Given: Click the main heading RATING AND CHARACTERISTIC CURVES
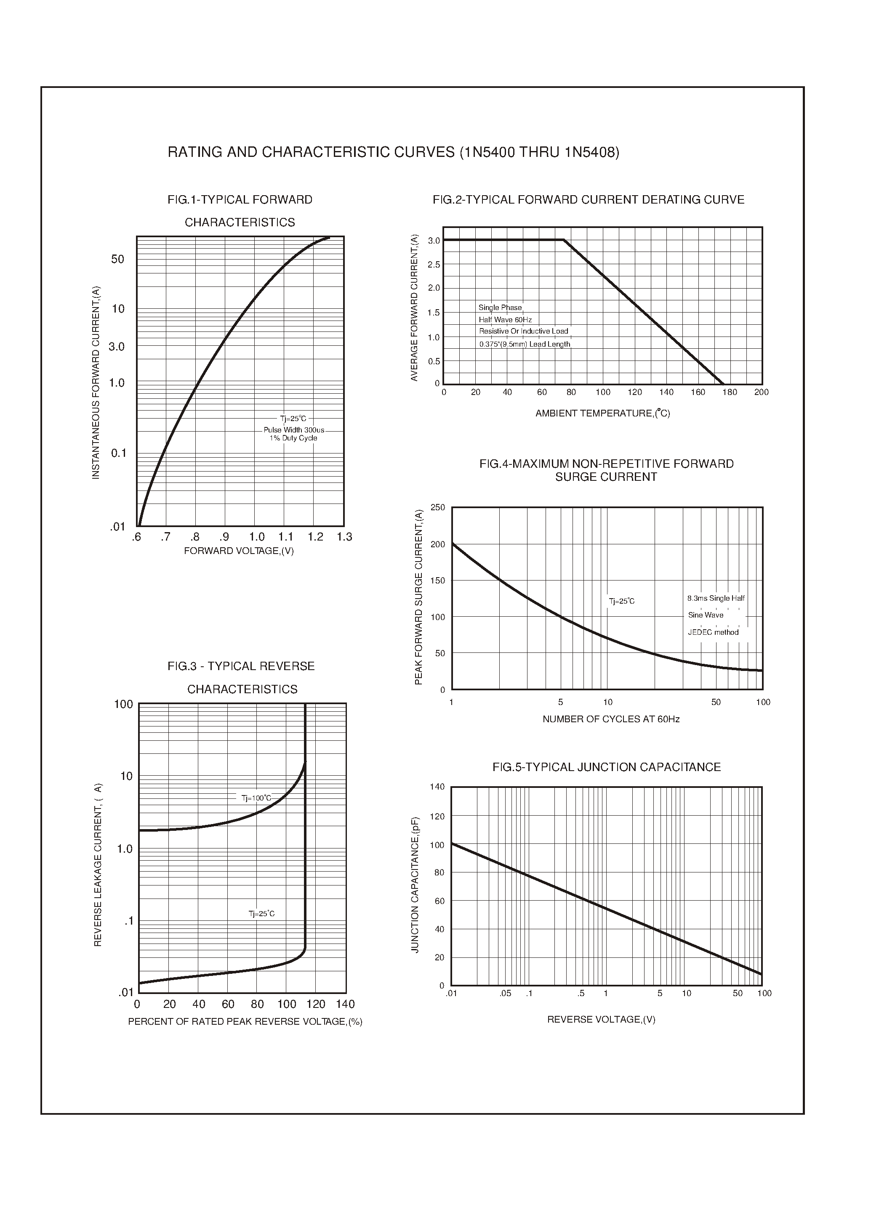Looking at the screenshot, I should pyautogui.click(x=393, y=152).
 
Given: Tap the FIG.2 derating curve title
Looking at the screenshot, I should pyautogui.click(x=589, y=200).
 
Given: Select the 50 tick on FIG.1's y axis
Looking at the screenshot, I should pyautogui.click(x=117, y=260).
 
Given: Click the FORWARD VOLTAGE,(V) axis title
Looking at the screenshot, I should pyautogui.click(x=239, y=551).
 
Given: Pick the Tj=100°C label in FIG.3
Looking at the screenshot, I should pyautogui.click(x=256, y=798).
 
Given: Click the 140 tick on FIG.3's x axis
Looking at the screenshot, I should pyautogui.click(x=345, y=1004).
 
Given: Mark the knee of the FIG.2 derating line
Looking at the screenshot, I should pyautogui.click(x=564, y=240).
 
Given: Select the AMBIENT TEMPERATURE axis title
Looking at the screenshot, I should pyautogui.click(x=602, y=413).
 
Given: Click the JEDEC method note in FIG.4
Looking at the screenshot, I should pyautogui.click(x=713, y=632).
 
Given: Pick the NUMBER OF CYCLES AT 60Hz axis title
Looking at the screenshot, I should pyautogui.click(x=611, y=719).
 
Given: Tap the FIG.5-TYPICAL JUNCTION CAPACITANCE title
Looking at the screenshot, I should pyautogui.click(x=606, y=767).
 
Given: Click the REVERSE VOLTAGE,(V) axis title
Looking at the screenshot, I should pyautogui.click(x=601, y=1019).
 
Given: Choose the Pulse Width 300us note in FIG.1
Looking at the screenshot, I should pyautogui.click(x=293, y=430).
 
